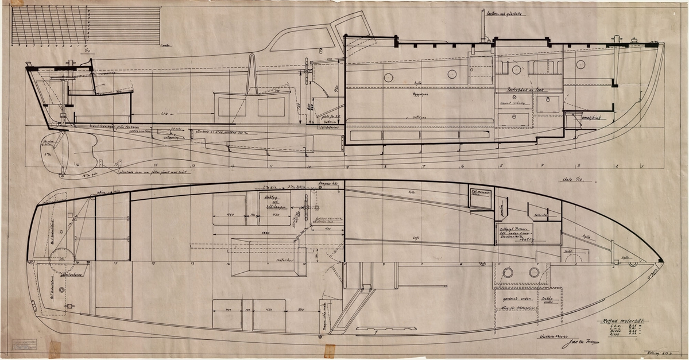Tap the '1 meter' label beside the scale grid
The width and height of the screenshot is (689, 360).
(165, 44)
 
